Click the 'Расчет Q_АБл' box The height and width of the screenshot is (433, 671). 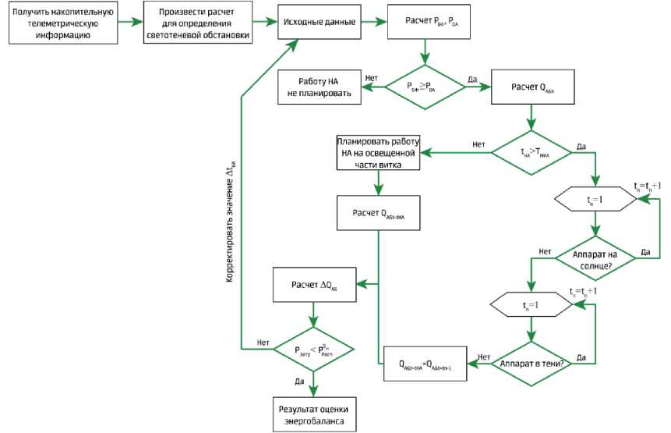pyautogui.click(x=532, y=87)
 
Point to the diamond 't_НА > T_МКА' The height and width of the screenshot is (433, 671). pyautogui.click(x=532, y=153)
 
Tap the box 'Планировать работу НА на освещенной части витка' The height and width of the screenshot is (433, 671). pyautogui.click(x=379, y=153)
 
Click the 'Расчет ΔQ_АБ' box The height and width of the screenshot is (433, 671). pyautogui.click(x=315, y=285)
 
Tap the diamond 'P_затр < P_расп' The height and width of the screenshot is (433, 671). pyautogui.click(x=313, y=350)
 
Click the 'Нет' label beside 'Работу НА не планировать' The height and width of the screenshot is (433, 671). pyautogui.click(x=372, y=78)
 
